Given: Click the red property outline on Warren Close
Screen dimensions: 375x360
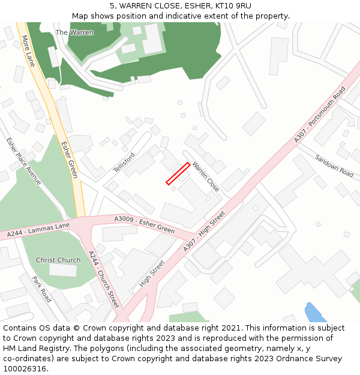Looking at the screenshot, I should click(x=178, y=173).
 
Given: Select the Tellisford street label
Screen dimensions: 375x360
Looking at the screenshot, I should click(x=124, y=163).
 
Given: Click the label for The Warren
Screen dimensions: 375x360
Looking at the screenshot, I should click(x=74, y=32).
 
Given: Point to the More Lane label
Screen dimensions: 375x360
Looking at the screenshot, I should click(x=28, y=51).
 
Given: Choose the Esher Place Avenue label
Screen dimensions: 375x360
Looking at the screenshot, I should click(x=23, y=161).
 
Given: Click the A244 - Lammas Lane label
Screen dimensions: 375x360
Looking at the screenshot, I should click(x=38, y=229).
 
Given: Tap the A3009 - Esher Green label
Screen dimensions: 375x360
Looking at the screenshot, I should click(x=145, y=226).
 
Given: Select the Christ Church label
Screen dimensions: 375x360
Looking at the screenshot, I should click(x=58, y=260).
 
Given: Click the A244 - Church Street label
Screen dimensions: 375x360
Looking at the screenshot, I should click(x=104, y=280).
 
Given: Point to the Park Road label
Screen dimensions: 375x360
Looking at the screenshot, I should click(x=42, y=289).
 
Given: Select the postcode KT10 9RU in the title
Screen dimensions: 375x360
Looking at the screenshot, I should click(x=236, y=6).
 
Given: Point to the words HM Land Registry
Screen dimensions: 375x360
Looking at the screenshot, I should click(x=31, y=349).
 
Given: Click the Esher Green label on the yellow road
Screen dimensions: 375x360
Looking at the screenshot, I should click(x=69, y=160).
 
